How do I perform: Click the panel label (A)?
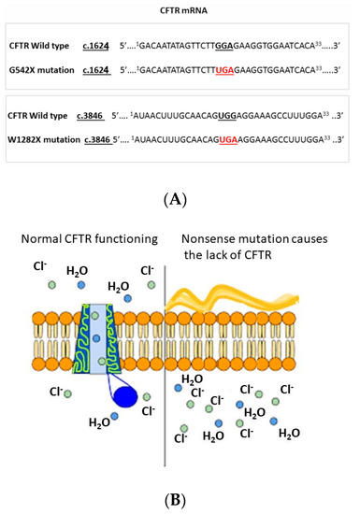pos(179,194)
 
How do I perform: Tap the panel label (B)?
pos(179,500)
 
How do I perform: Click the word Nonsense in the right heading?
pos(209,233)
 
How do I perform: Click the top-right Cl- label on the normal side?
pos(148,270)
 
